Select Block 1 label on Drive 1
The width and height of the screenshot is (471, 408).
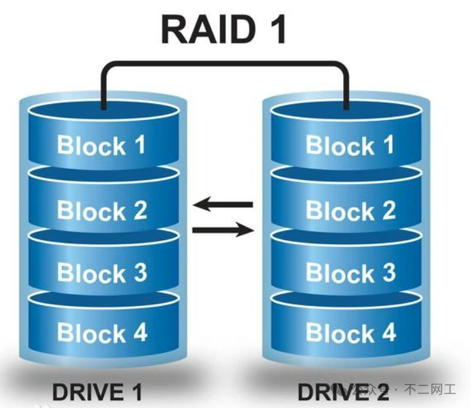coord(101,145)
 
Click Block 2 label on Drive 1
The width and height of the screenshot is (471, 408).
coord(101,210)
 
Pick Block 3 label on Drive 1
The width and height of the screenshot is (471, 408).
coord(101,273)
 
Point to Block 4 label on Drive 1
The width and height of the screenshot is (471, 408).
coord(101,332)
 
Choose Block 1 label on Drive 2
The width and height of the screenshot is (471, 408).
coord(350,145)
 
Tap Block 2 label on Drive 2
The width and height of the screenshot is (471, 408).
coord(350,210)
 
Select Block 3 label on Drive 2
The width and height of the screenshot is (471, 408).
coord(350,273)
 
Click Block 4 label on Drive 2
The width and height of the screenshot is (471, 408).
coord(350,332)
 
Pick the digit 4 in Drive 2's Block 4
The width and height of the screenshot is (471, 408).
coord(388,332)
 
